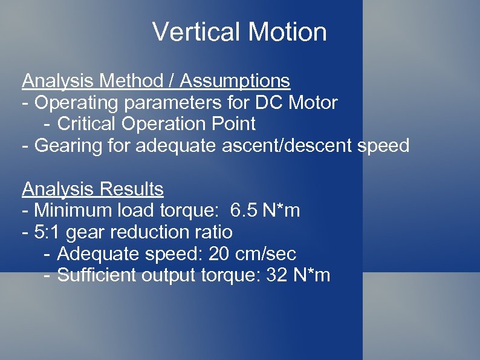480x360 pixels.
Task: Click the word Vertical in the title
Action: click(193, 32)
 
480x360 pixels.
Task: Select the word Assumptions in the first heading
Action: click(235, 80)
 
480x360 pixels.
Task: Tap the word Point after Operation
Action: click(233, 124)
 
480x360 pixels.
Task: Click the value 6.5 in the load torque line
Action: click(244, 211)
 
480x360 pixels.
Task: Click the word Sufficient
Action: click(97, 276)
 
